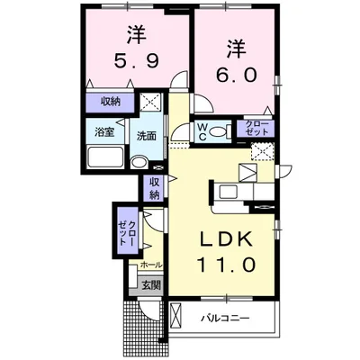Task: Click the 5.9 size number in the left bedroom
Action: pos(136,62)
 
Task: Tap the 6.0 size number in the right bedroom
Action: pos(237,74)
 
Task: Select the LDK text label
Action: pos(226,239)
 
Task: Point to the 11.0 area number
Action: pos(226,265)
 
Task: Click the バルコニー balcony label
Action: pos(225,318)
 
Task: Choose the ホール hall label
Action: pos(151,265)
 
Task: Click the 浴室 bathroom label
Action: pos(104,132)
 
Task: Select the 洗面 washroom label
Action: pos(147,136)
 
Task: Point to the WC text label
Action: pos(202,131)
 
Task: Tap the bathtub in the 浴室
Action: pos(105,157)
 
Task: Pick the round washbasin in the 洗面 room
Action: pos(139,162)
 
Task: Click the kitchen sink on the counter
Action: pos(229,192)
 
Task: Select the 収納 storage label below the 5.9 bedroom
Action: pos(110,102)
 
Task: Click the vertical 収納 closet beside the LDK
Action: pos(154,188)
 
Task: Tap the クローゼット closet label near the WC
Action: pos(256,128)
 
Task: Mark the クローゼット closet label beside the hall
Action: pos(128,232)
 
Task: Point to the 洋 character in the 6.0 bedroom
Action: pos(237,49)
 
